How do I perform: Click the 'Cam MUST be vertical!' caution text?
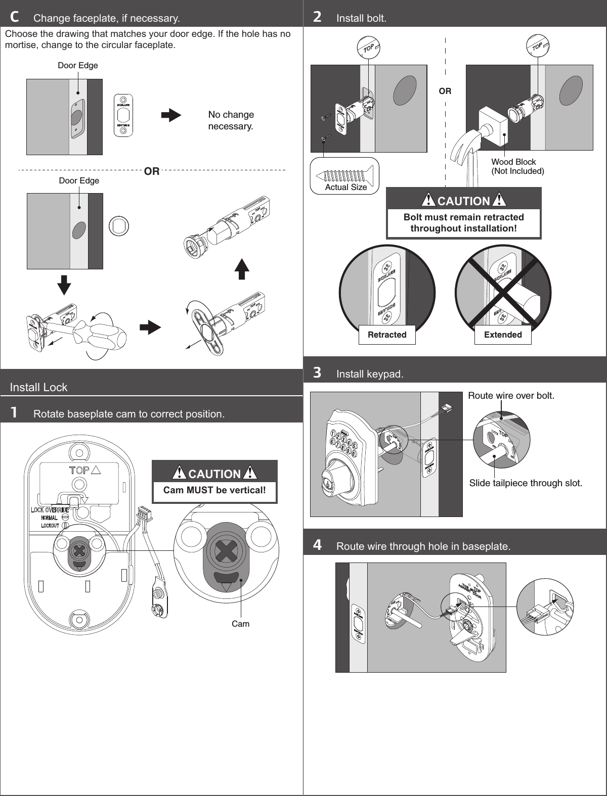(214, 490)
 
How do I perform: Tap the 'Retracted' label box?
(387, 335)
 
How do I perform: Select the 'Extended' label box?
(503, 335)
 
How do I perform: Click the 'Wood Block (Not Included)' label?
(517, 166)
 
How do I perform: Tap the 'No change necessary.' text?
(231, 120)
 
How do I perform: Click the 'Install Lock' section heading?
(39, 387)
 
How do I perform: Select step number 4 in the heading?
(317, 545)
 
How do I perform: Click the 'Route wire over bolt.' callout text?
(511, 395)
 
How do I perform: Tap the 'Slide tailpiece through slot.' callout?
(526, 483)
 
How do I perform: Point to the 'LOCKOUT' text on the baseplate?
(50, 526)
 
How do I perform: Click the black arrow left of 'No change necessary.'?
(170, 116)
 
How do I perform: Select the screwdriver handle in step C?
(101, 334)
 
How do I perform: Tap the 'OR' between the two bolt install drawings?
(445, 91)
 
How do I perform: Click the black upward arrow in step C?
(242, 269)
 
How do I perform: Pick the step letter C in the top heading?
(15, 18)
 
